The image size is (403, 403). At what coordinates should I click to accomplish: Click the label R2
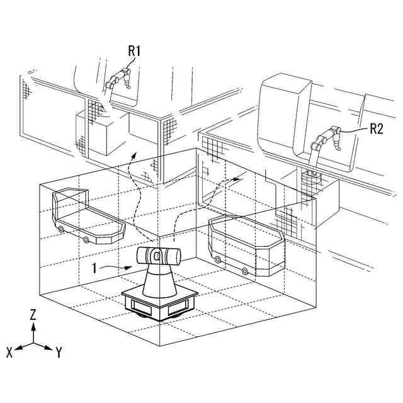point(377,128)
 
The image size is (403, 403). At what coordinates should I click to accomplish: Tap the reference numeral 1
point(94,268)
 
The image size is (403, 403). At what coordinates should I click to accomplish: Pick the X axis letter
point(9,353)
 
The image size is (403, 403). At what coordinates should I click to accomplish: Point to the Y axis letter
point(58,353)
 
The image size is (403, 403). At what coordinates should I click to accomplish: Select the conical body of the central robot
point(159,281)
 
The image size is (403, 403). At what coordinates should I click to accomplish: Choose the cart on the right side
point(247,246)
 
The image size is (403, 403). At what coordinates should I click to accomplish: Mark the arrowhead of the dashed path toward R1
point(133,153)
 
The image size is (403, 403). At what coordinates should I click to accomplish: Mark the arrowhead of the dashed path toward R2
point(237,178)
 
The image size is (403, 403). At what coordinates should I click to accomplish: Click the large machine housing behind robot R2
point(287,120)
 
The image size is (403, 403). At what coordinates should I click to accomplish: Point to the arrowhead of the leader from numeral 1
point(130,266)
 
